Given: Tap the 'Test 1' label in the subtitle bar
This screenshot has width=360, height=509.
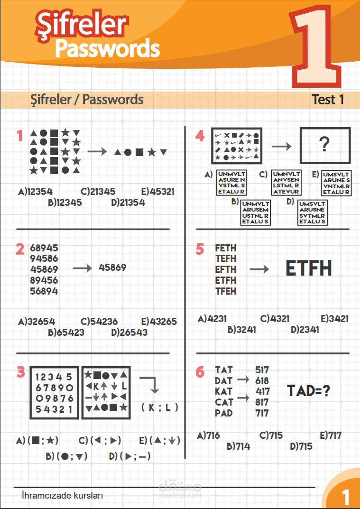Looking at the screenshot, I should (x=328, y=100).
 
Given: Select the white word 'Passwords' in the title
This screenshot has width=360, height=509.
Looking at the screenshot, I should (x=107, y=47).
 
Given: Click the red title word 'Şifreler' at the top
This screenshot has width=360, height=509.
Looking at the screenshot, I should (x=81, y=24).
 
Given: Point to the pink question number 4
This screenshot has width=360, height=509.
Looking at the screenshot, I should (x=200, y=137).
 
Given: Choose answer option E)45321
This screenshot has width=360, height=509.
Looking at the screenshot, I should (x=158, y=192).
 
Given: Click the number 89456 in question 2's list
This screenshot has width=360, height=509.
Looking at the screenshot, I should (x=44, y=280).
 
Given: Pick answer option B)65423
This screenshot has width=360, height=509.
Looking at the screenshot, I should (x=66, y=332).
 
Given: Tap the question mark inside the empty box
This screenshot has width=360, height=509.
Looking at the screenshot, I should (x=324, y=145).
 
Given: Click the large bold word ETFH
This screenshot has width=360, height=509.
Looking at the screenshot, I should (x=309, y=269).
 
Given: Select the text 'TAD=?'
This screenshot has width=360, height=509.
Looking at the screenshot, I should (x=309, y=391).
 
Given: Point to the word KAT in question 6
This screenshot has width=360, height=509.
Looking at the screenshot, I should (x=223, y=391).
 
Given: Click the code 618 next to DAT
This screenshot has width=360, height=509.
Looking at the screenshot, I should (x=262, y=380).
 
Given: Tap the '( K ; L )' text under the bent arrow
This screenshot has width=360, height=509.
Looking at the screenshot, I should (x=160, y=407).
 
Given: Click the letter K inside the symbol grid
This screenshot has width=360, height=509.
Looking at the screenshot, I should (x=96, y=385).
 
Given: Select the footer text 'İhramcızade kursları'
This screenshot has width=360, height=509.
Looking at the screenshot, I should (x=62, y=496).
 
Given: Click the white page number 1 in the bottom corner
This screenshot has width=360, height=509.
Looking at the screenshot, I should (x=345, y=497).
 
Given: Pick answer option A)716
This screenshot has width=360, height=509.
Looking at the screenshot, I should (x=209, y=435).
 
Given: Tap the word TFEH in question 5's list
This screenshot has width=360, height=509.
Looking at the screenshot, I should (x=225, y=291).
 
